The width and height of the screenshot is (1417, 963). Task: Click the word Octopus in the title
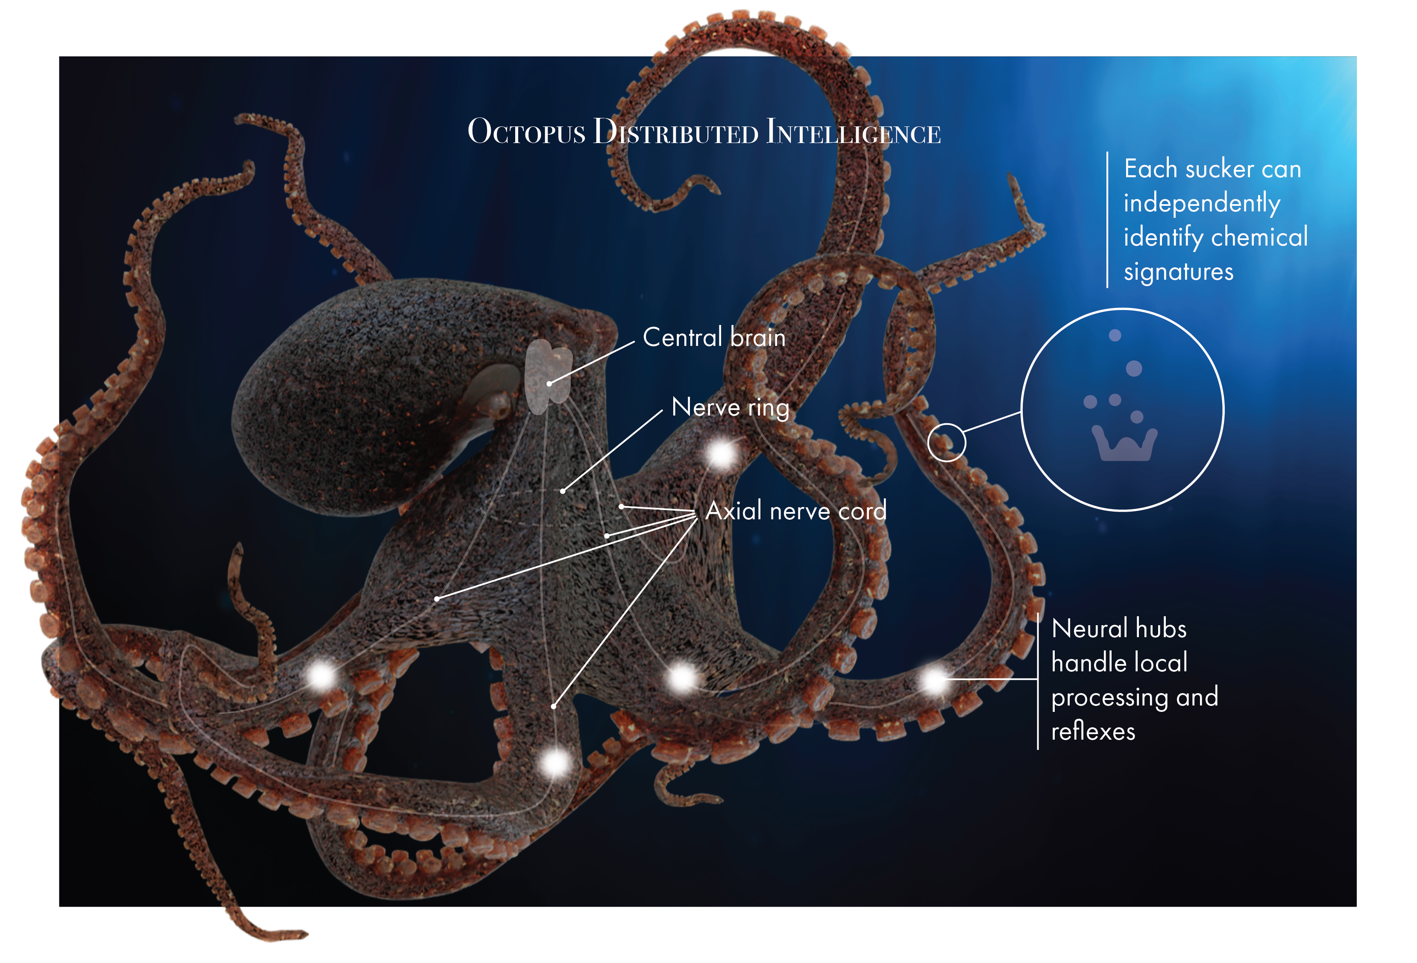(x=526, y=132)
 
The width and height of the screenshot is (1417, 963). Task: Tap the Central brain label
(x=714, y=337)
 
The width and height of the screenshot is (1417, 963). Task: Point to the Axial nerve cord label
(x=796, y=511)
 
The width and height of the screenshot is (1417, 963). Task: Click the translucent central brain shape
(x=548, y=377)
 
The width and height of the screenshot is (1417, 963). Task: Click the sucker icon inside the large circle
(x=1124, y=443)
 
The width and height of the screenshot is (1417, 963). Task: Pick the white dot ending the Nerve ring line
(x=563, y=491)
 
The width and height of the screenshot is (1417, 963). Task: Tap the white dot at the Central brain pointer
(x=549, y=383)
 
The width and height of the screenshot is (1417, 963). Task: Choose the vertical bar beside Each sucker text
(x=1107, y=220)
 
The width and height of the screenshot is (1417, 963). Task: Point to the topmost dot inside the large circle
(x=1115, y=335)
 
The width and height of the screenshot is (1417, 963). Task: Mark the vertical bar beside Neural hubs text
(x=1038, y=681)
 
